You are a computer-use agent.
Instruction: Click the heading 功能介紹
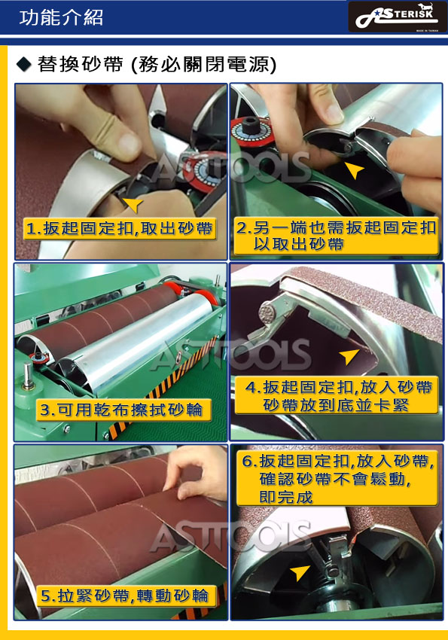[x=61, y=17]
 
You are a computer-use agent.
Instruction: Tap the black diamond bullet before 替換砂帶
[x=24, y=65]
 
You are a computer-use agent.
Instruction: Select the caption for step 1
[x=119, y=228]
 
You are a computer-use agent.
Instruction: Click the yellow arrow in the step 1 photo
[x=133, y=204]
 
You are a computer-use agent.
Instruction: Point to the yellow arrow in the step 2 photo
[x=354, y=170]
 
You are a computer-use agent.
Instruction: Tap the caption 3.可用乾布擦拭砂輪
[x=123, y=410]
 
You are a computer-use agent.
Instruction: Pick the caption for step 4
[x=337, y=395]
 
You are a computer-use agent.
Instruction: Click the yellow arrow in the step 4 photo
[x=349, y=356]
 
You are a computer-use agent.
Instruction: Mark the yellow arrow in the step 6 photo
[x=300, y=572]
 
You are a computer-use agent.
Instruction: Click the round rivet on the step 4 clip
[x=267, y=312]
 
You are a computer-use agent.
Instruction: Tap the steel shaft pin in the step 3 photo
[x=28, y=376]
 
